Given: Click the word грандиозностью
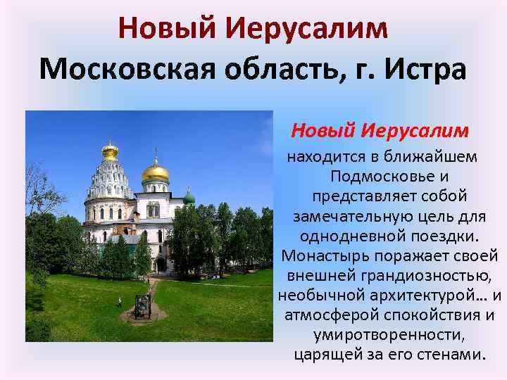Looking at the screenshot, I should point(430,274).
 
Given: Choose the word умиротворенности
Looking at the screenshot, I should point(391,333).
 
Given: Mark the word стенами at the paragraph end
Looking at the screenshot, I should point(456,353).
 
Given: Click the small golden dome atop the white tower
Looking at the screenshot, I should point(110,150).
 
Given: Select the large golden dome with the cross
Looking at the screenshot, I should point(156,171).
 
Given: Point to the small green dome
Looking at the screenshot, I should point(189,197).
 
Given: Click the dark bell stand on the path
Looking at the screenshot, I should point(143,305).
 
